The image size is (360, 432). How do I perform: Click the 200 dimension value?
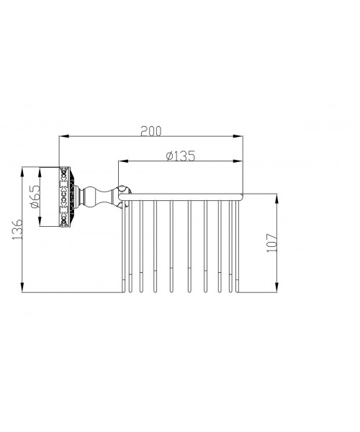(151, 131)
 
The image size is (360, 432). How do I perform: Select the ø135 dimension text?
(181, 156)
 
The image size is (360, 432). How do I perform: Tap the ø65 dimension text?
(35, 197)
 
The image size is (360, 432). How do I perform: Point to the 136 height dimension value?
(17, 229)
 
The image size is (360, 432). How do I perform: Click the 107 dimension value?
(272, 243)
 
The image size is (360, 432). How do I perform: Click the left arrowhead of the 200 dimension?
(65, 136)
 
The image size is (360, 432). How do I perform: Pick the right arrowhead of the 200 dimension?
(238, 136)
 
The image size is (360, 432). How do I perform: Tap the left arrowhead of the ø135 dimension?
(123, 161)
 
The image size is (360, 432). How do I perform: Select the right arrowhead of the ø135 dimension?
(238, 161)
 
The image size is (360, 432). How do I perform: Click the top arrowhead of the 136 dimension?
(22, 172)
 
